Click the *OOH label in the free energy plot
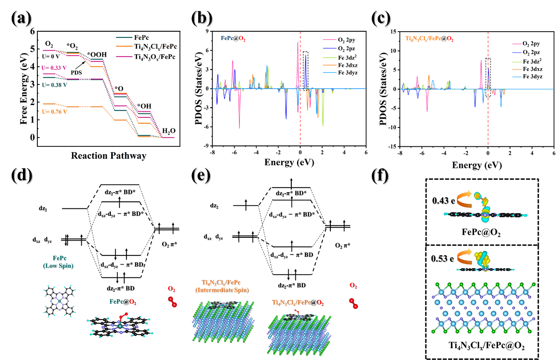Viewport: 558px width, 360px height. click(x=96, y=55)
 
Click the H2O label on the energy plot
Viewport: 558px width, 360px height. click(x=168, y=131)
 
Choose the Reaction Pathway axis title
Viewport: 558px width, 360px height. click(x=109, y=156)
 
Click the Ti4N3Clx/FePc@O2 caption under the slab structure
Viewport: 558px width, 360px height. click(x=482, y=346)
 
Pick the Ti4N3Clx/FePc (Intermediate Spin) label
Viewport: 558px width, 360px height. click(x=221, y=286)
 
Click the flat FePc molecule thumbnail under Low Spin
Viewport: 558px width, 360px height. click(x=58, y=300)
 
